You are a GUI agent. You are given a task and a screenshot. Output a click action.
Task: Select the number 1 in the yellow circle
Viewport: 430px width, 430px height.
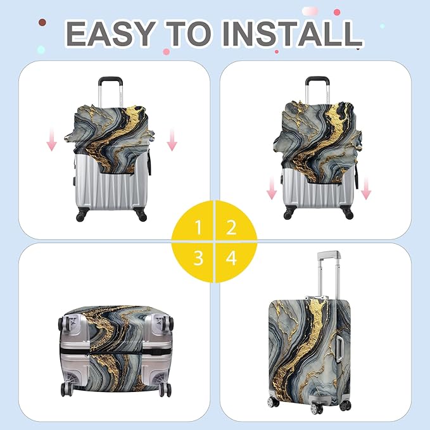pyautogui.click(x=199, y=227)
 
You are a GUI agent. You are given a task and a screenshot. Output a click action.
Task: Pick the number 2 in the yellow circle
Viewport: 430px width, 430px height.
pyautogui.click(x=231, y=227)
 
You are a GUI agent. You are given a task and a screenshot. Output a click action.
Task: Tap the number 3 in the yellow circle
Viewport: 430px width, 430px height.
pyautogui.click(x=199, y=258)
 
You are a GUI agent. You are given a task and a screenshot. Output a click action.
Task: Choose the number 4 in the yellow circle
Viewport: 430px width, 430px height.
pyautogui.click(x=231, y=258)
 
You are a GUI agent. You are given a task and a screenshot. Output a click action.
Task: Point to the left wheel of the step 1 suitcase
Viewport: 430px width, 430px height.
pyautogui.click(x=80, y=216)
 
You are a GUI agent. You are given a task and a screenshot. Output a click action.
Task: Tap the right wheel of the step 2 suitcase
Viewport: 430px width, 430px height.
pyautogui.click(x=348, y=214)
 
